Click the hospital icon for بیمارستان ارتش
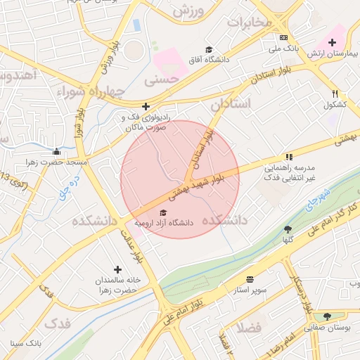coord(333,43)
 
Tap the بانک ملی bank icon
coord(283,37)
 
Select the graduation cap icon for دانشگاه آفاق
coord(208,49)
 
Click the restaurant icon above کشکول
coord(335,94)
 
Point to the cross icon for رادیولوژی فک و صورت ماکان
coord(146,107)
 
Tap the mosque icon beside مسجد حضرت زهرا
coord(56,151)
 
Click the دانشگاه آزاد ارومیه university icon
coord(164,212)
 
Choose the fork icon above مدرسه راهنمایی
coord(288,157)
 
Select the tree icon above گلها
coord(288,229)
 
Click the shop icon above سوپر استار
coord(250,278)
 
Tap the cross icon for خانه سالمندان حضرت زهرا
coord(117,269)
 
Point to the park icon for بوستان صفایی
coord(327,316)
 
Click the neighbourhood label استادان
coord(231,104)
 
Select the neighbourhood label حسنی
coord(159,82)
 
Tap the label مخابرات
coord(248,22)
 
